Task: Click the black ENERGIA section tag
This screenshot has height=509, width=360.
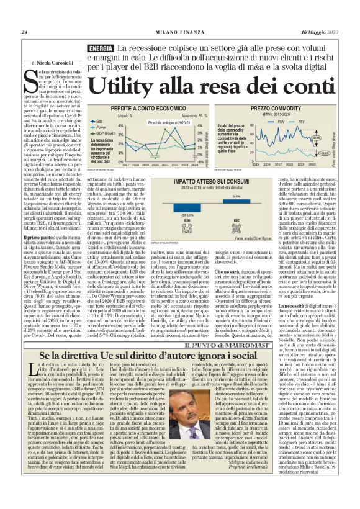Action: click(101, 48)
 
